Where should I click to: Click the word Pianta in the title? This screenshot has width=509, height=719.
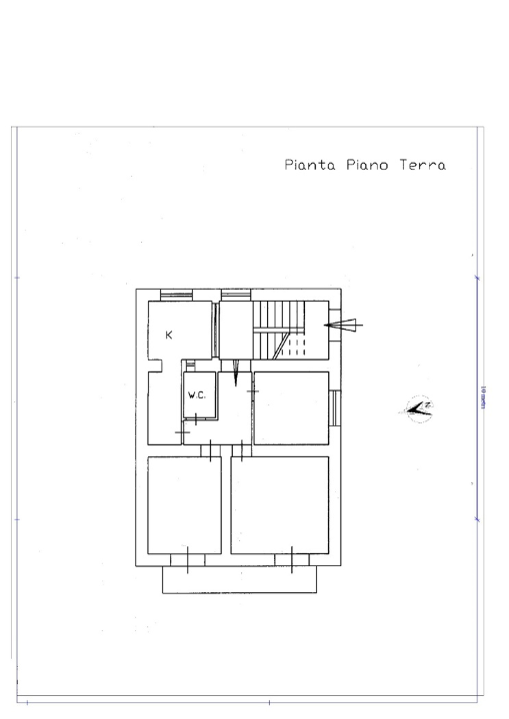311,165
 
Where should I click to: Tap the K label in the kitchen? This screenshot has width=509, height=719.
169,336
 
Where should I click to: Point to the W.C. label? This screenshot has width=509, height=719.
197,395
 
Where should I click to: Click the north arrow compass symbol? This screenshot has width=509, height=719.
419,405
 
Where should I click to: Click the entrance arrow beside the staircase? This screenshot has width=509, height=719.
343,324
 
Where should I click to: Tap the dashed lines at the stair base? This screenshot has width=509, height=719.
292,347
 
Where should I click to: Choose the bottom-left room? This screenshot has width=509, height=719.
184,504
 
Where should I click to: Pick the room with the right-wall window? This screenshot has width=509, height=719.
290,407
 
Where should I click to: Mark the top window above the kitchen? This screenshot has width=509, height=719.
174,294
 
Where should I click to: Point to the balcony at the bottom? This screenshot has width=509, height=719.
240,579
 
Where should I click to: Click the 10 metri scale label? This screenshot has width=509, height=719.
482,399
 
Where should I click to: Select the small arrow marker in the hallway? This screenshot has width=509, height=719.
235,375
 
